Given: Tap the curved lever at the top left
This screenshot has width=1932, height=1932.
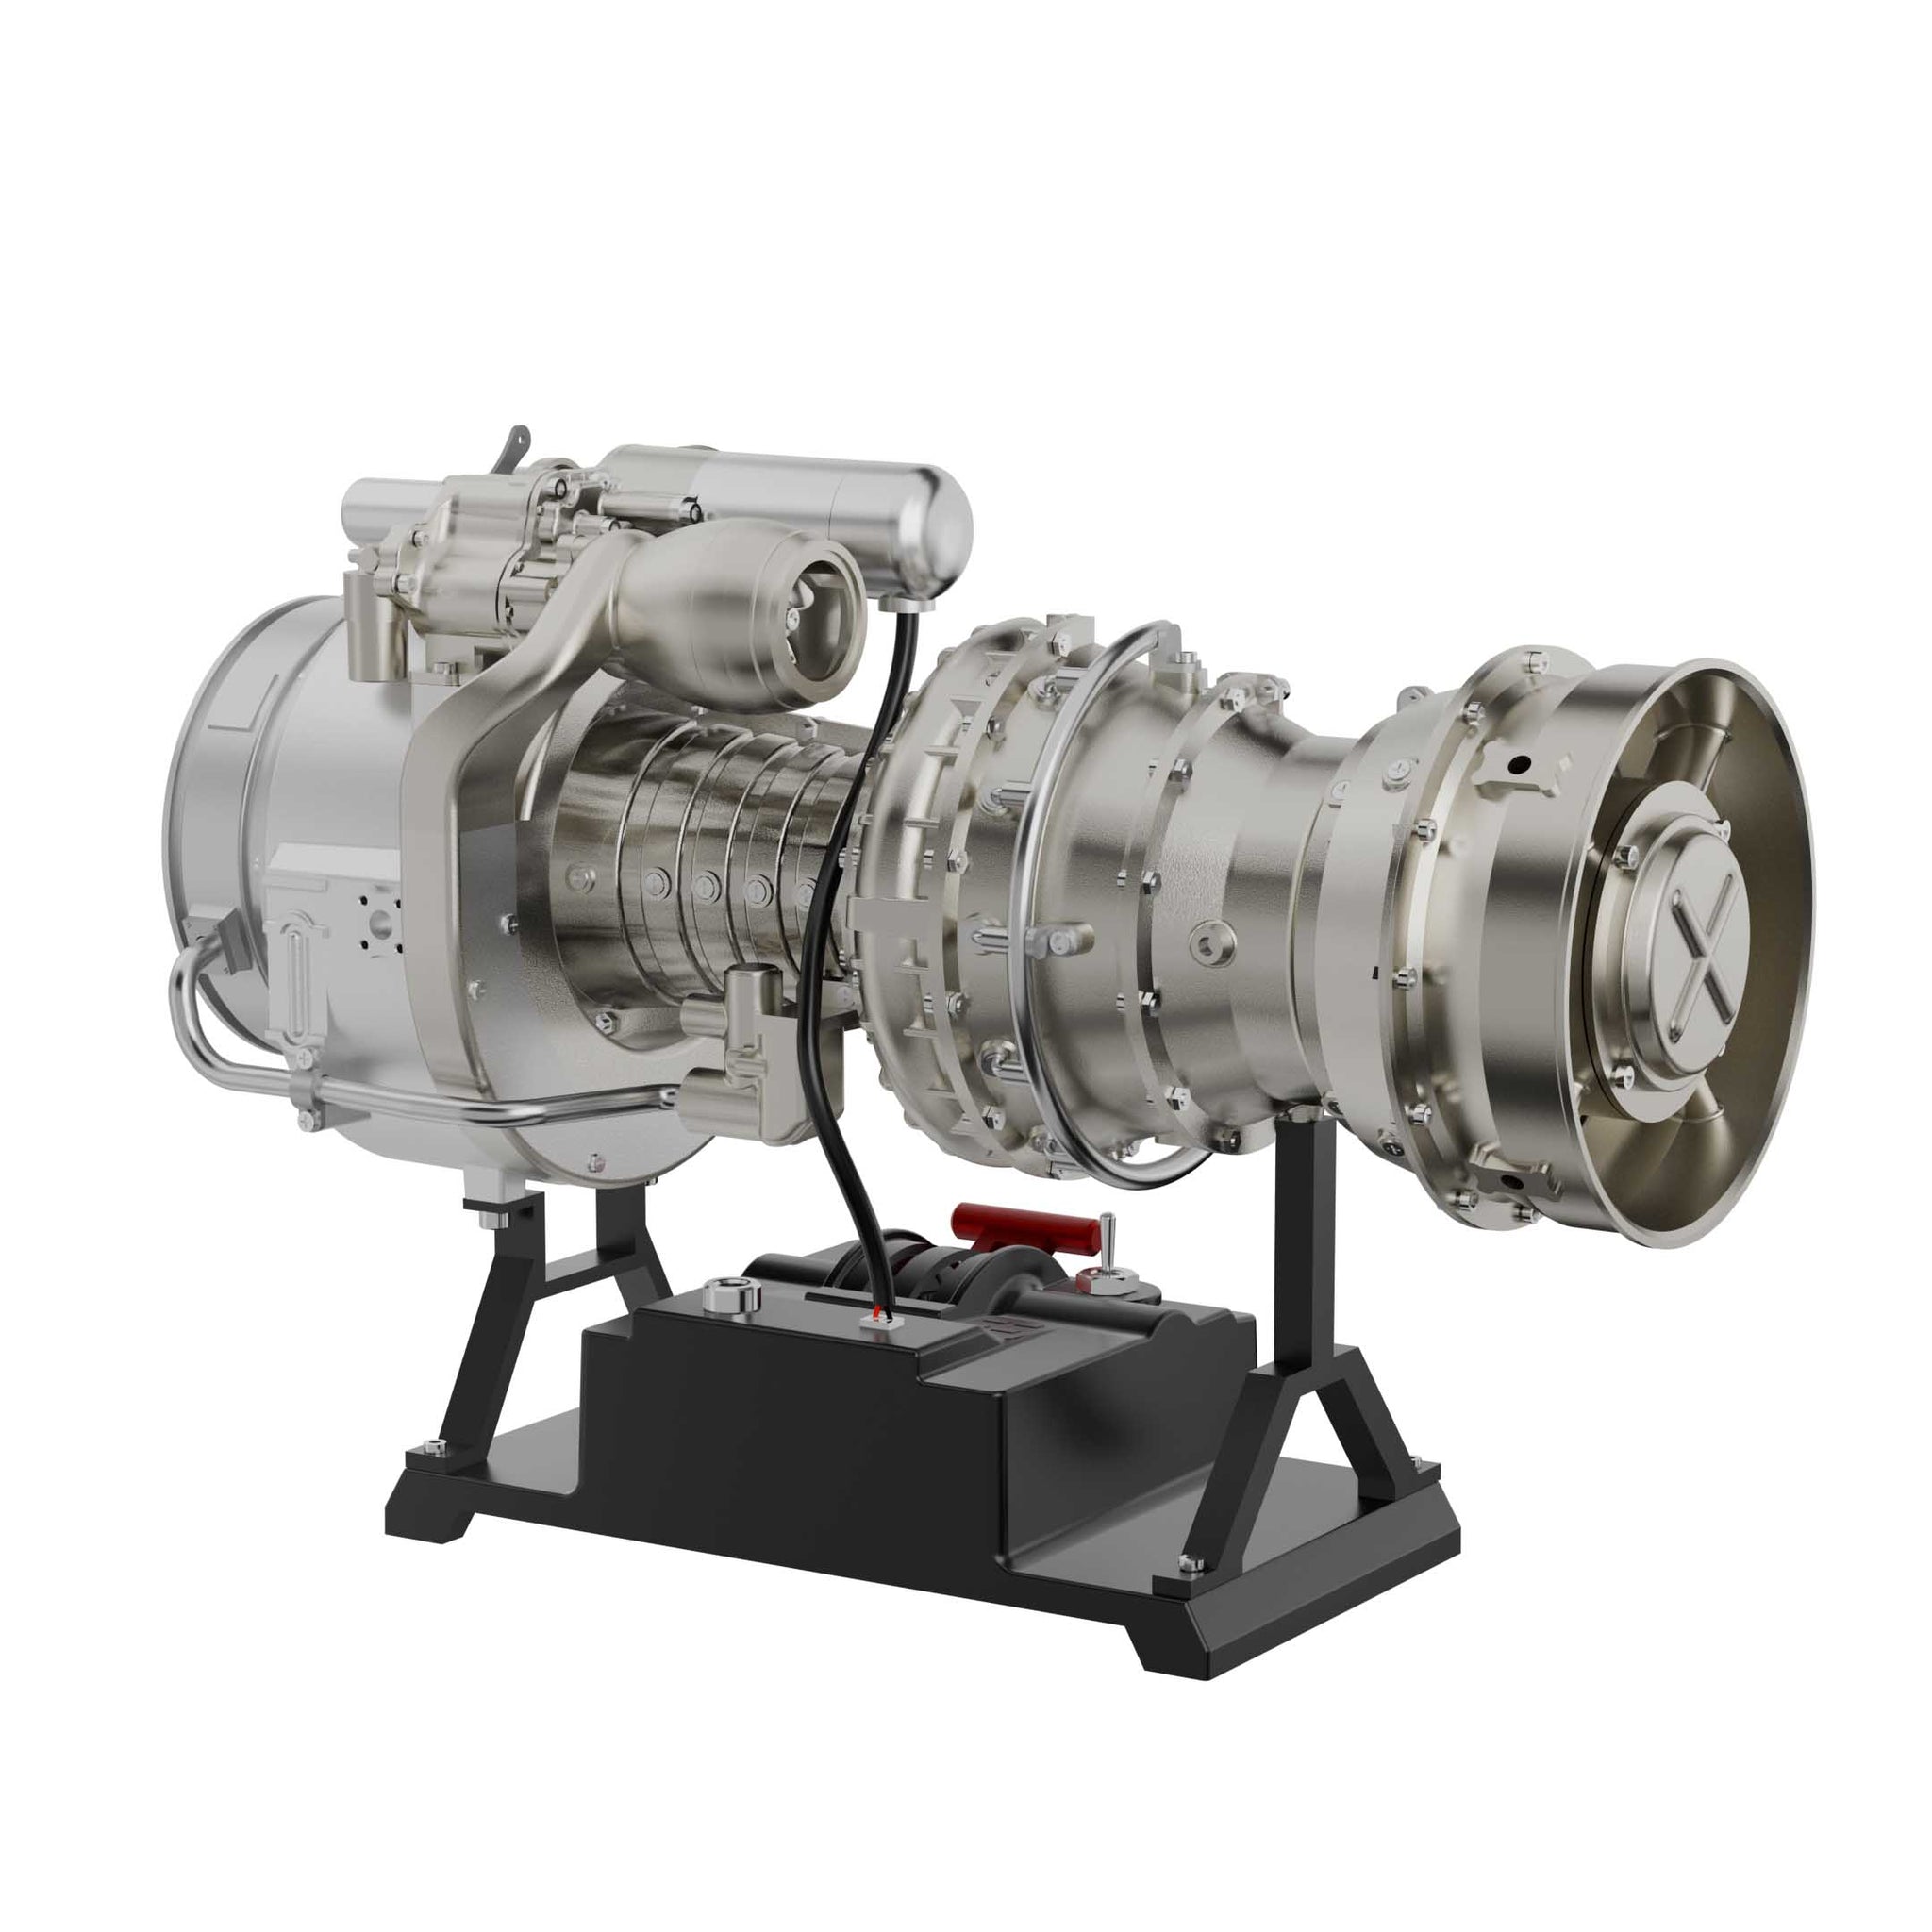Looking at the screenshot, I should [513, 447].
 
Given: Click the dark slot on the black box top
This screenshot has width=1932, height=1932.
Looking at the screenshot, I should [836, 1297].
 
